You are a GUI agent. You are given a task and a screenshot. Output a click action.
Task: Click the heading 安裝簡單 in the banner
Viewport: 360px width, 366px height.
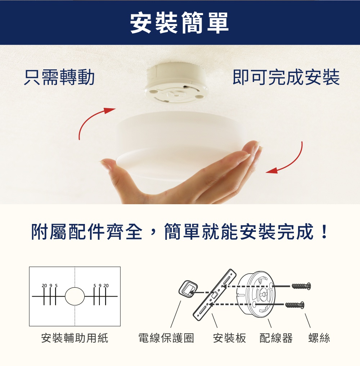(179, 23)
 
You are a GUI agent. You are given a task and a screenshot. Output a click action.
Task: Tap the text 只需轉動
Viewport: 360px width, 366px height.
(59, 78)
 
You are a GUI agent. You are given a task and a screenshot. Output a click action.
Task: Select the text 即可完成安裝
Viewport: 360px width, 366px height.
(286, 78)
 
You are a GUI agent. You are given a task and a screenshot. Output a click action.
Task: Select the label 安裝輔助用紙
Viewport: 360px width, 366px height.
(75, 338)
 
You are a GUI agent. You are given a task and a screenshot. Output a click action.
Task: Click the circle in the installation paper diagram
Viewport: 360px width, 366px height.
(75, 296)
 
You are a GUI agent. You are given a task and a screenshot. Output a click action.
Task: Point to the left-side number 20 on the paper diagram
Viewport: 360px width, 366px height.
(44, 285)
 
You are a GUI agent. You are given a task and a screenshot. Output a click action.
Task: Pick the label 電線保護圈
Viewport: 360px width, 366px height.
(166, 338)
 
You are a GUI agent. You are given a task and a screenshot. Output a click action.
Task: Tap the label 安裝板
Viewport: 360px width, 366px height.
(229, 338)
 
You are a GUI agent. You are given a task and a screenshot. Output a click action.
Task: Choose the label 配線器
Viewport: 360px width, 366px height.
(276, 338)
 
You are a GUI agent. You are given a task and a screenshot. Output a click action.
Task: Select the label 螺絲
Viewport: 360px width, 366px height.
(319, 338)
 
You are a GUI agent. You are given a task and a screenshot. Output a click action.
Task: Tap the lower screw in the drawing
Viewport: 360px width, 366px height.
(294, 305)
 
